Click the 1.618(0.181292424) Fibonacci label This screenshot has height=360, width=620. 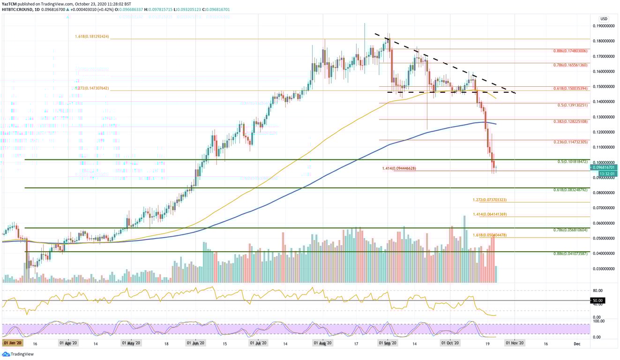(92, 37)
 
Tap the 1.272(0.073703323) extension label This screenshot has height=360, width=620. (490, 200)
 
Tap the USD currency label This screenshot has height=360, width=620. (604, 19)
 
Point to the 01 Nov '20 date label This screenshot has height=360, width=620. (515, 344)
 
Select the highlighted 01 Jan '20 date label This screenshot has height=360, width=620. (13, 344)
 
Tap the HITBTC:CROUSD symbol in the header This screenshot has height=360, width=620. (15, 9)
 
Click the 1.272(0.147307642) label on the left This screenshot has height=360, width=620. (92, 88)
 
